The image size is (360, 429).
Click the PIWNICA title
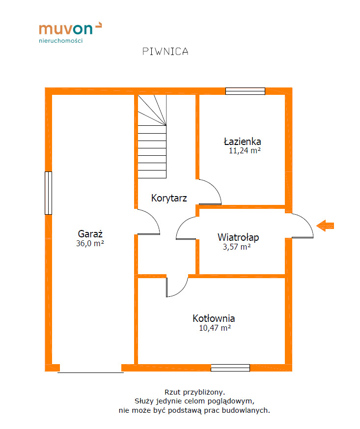pos(166,52)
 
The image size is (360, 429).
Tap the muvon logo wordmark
pos(70,29)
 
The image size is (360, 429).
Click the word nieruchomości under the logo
pos(61,41)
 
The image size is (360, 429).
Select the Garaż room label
pos(90,234)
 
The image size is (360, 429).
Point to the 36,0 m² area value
pos(90,243)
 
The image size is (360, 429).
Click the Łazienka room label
pos(243,142)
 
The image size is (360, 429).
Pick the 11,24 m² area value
pos(245,150)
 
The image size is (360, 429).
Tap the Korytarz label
pos(169,198)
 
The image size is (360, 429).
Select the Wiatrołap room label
pos(238,237)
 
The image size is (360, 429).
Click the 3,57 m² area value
pos(237,247)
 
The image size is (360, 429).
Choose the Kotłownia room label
pos(214,318)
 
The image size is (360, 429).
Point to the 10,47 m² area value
pos(215,328)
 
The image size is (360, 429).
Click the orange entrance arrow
pos(325,226)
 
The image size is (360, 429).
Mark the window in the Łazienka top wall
pos(245,91)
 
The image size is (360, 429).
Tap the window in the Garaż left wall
pos(49,193)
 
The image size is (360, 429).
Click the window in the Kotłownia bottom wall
pos(230,368)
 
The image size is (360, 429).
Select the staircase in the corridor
pos(152,137)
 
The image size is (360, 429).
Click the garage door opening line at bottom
pos(90,372)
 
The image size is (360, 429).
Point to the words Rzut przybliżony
pos(194,392)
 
